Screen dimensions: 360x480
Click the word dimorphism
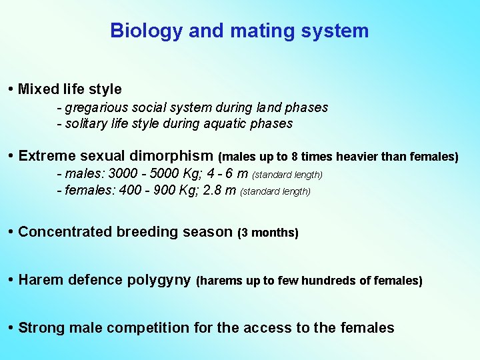[x=172, y=156]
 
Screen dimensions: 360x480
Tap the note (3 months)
[x=268, y=233]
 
